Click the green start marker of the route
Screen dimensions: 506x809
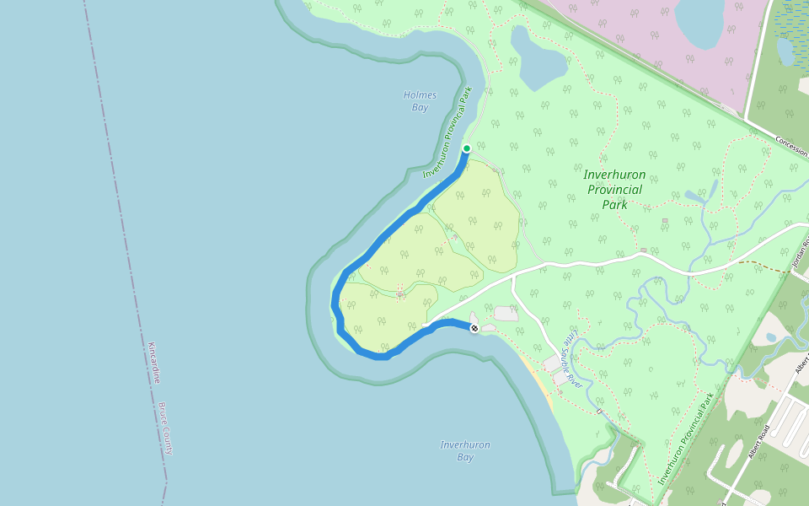point(466,148)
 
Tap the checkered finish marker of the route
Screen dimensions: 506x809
point(474,328)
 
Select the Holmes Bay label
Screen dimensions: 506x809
point(420,101)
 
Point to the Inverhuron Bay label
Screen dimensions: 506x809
point(464,451)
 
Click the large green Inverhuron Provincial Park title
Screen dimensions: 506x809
point(614,189)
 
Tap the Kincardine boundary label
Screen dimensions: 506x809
point(153,362)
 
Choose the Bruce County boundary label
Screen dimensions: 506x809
point(165,428)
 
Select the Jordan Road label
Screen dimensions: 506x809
point(800,255)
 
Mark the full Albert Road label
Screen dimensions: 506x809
point(758,442)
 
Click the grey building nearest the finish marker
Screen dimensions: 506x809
point(506,314)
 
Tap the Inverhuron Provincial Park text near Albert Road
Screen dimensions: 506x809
point(686,439)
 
